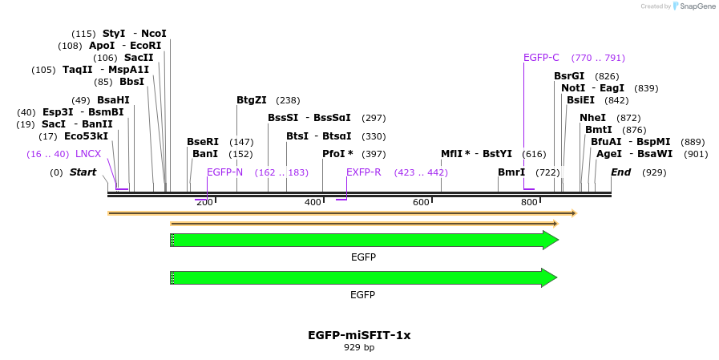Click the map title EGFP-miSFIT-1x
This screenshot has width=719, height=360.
359,335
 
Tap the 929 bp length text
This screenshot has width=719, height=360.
359,348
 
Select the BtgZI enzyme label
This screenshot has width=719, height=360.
252,100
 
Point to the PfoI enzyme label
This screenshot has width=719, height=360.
337,153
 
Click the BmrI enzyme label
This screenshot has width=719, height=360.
511,172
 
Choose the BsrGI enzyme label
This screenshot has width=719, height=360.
569,76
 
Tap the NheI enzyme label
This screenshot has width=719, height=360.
593,118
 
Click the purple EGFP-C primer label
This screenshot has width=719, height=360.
541,58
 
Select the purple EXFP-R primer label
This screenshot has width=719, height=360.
364,172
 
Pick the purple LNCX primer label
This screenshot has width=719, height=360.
88,153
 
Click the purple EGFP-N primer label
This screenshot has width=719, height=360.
224,172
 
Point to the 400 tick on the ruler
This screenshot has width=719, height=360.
313,202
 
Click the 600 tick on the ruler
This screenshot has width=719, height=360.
421,202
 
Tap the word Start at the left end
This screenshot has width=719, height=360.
83,172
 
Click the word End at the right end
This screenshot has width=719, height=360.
620,172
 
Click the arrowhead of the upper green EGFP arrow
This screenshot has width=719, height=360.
551,240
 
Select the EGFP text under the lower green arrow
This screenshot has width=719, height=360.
362,295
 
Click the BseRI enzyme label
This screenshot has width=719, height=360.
203,141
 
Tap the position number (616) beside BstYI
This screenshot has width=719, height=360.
534,153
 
